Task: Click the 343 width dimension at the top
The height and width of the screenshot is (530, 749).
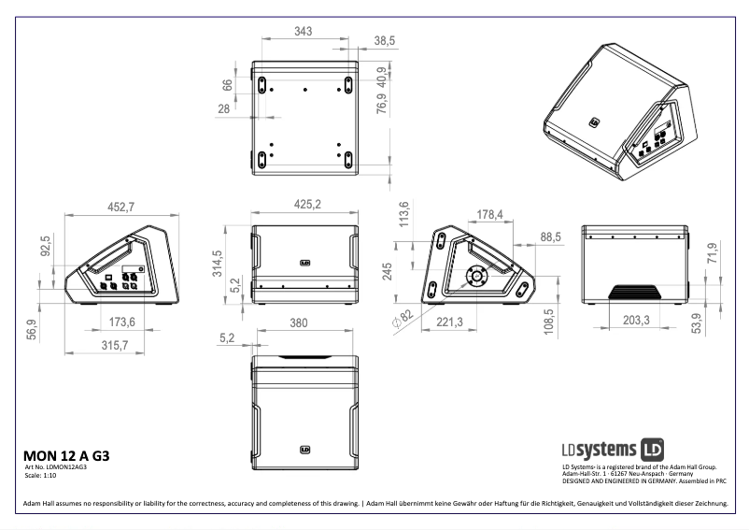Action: click(303, 31)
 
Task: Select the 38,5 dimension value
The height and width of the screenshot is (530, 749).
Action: click(385, 41)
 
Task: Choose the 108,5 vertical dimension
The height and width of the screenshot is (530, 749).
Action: click(550, 320)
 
